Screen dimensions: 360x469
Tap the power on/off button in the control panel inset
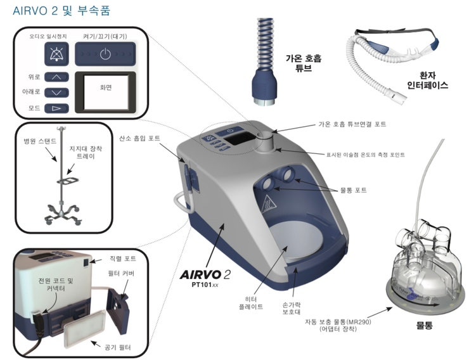coord(105,54)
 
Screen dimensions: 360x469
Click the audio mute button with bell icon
coord(52,55)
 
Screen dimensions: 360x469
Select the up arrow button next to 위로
coord(57,77)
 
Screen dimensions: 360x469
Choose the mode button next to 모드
coord(57,108)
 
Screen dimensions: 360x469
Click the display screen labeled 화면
coord(105,89)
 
